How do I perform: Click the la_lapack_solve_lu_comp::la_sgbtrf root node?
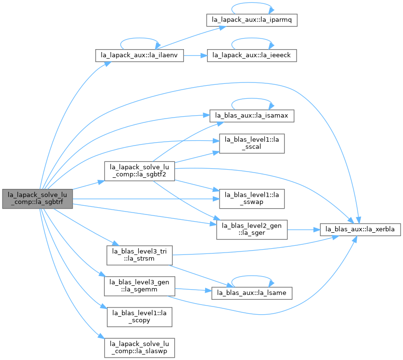(x=38, y=199)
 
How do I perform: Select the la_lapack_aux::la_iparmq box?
(x=252, y=20)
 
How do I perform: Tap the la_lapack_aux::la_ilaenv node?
(x=140, y=55)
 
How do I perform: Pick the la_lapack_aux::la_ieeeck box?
(x=252, y=55)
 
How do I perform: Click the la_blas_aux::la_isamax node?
(x=252, y=116)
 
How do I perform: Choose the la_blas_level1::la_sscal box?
(x=252, y=143)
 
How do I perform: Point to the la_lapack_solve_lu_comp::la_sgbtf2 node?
(x=140, y=171)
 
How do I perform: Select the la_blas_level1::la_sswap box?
(x=252, y=199)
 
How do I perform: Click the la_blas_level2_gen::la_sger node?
(x=252, y=229)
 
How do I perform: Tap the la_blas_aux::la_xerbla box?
(x=360, y=229)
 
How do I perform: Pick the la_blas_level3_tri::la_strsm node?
(x=140, y=255)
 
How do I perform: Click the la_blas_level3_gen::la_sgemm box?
(x=140, y=286)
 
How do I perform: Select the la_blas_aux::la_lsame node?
(x=252, y=293)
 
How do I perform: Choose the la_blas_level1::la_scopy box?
(x=140, y=317)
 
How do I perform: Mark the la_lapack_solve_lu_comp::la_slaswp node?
(x=140, y=348)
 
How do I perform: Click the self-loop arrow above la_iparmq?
(x=252, y=3)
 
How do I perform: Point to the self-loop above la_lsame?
(x=252, y=276)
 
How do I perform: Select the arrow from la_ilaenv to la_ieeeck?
(x=195, y=55)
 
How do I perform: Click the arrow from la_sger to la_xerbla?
(x=303, y=229)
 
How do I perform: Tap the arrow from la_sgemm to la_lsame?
(x=193, y=290)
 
